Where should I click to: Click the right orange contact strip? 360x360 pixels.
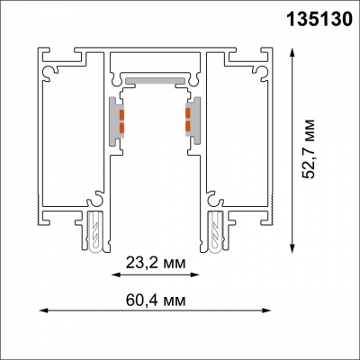191,120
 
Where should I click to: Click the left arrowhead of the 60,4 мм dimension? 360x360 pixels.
40,311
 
